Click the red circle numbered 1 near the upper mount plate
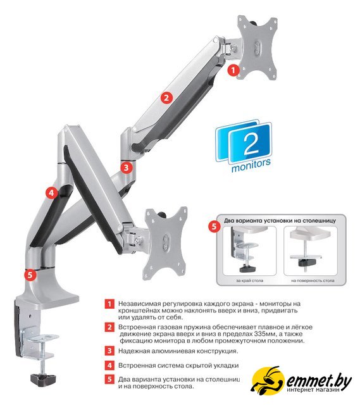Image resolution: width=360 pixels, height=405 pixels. tap(233, 70)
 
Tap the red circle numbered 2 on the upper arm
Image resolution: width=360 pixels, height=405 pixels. tap(166, 98)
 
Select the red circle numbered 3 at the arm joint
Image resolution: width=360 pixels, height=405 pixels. tap(127, 168)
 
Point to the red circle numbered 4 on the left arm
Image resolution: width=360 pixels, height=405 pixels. tap(51, 192)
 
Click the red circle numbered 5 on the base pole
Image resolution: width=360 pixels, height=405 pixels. tap(30, 275)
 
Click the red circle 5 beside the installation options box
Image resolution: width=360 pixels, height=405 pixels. tap(214, 227)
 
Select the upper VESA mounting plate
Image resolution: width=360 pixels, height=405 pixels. tap(258, 47)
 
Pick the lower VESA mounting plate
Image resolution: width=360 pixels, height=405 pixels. tap(166, 243)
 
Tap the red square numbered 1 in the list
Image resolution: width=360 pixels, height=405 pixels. tap(109, 304)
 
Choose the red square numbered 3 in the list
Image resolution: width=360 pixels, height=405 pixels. tap(109, 351)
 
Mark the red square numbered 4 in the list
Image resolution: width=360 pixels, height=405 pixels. tap(109, 365)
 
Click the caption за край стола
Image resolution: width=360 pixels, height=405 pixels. tap(249, 280)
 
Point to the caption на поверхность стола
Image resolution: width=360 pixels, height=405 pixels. tap(313, 280)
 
